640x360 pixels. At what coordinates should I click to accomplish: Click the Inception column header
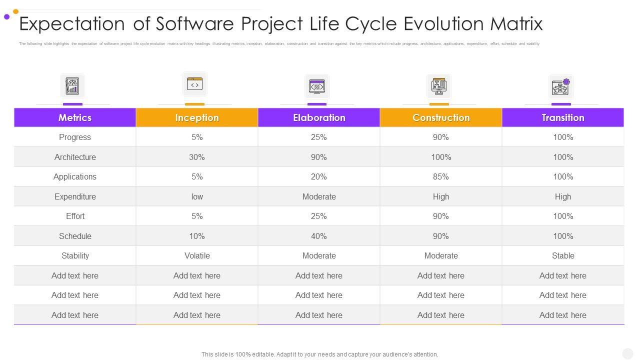197,117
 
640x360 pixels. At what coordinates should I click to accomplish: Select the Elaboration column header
319,117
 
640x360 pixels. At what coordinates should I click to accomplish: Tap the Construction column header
441,117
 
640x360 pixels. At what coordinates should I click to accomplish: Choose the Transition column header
563,117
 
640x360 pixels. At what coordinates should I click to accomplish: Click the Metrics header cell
75,117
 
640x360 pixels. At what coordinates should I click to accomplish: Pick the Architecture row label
75,157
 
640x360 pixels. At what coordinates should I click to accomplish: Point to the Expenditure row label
75,196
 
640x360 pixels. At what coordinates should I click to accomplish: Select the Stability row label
75,255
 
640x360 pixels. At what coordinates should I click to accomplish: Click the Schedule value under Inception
197,236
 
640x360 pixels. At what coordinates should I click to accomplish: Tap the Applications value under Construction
441,176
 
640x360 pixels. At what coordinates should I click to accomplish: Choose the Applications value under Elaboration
319,176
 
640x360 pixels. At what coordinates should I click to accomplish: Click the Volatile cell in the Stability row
197,255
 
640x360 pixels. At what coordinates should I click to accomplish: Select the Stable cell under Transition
563,255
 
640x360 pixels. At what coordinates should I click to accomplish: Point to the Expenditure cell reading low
197,196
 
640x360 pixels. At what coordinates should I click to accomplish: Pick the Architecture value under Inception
197,157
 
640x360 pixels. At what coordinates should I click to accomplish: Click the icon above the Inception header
194,84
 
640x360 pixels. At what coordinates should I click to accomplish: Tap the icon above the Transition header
561,87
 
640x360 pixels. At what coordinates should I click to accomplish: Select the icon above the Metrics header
72,86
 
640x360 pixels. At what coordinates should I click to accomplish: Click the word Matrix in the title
516,23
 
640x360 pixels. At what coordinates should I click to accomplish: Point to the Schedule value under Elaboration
319,236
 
